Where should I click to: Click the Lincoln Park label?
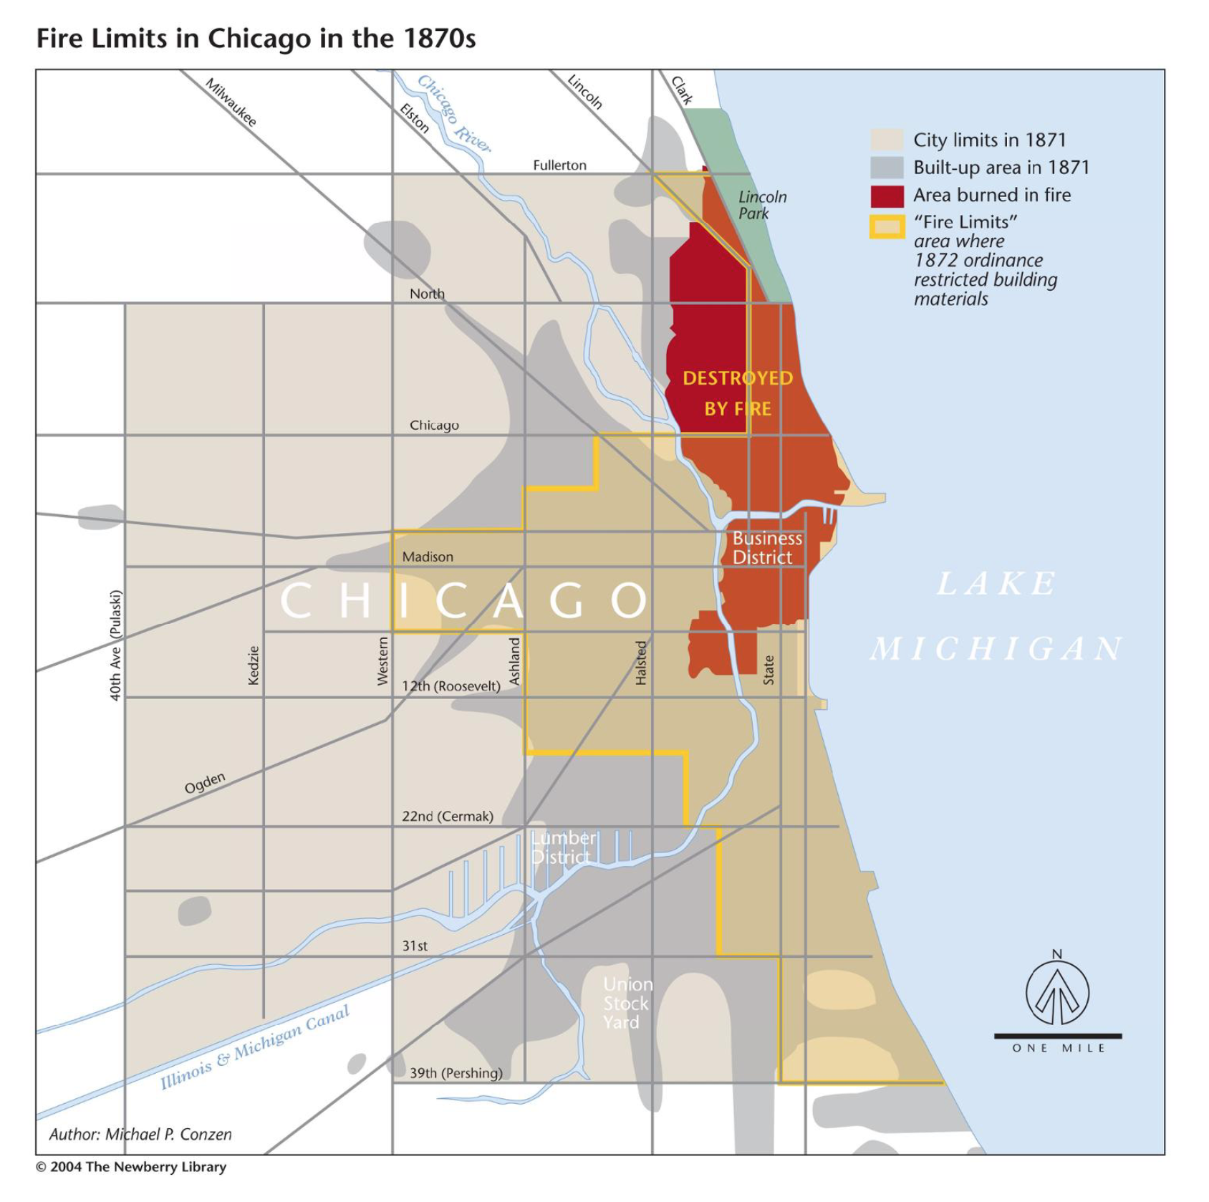762,205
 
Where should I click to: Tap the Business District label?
766,548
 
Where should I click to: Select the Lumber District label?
563,847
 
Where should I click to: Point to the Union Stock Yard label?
627,1003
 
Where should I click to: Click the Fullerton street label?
559,165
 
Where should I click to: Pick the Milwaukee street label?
231,102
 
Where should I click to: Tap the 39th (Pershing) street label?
456,1072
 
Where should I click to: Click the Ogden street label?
205,783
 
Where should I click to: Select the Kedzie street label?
254,665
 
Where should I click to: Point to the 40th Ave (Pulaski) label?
115,645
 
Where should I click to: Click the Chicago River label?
454,113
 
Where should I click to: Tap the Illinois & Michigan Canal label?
254,1047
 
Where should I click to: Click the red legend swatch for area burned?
887,196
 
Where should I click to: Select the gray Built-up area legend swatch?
887,168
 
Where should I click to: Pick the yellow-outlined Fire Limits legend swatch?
887,227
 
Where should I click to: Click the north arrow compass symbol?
1057,992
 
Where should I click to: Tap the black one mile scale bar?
1057,1036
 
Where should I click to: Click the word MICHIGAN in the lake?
996,649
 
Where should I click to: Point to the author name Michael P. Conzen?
140,1134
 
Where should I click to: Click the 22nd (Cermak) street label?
448,816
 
